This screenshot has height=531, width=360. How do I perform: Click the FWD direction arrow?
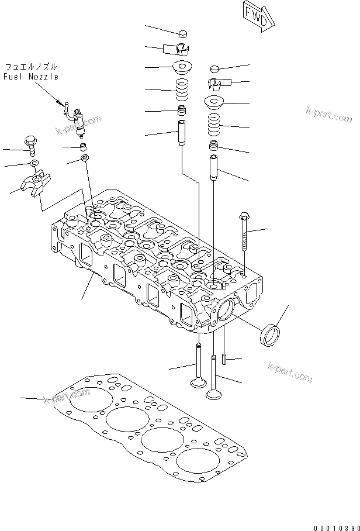258,16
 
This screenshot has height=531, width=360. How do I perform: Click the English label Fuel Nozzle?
31,77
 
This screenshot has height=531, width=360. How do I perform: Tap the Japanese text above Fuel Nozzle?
31,66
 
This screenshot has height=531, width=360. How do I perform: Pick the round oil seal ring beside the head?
269,336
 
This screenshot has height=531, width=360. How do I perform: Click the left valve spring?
182,90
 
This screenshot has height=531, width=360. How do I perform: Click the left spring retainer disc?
183,66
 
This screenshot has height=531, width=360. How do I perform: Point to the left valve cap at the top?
183,33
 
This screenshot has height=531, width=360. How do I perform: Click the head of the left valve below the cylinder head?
198,382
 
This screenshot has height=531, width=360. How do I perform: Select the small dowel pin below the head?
224,359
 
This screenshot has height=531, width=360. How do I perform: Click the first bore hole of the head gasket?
91,399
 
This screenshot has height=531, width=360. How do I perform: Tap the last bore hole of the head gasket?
198,461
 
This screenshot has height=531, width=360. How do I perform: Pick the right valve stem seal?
214,146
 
